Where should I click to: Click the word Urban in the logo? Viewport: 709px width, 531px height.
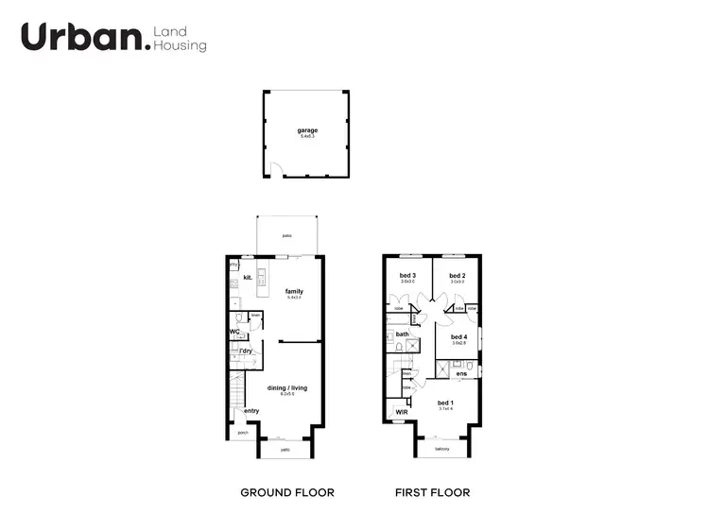[x=83, y=37]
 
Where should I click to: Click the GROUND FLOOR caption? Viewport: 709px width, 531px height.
[x=287, y=492]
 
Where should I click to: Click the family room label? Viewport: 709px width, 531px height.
[x=294, y=291]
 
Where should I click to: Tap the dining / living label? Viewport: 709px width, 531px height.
[x=286, y=387]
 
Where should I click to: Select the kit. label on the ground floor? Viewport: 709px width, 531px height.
[x=247, y=278]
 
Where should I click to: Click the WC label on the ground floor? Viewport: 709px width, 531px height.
[x=233, y=332]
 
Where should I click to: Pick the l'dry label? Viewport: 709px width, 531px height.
[x=246, y=351]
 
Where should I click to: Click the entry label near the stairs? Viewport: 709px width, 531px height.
[x=251, y=410]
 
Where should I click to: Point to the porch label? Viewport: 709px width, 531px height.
[x=243, y=433]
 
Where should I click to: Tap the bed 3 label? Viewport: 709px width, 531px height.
[x=407, y=275]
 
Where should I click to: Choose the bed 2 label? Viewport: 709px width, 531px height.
[x=458, y=275]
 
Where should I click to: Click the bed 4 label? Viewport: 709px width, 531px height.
[x=458, y=336]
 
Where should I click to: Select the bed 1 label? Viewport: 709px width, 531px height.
[x=446, y=403]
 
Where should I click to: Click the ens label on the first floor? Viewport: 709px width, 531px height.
[x=461, y=374]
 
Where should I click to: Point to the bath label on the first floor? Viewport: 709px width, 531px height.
[x=402, y=334]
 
